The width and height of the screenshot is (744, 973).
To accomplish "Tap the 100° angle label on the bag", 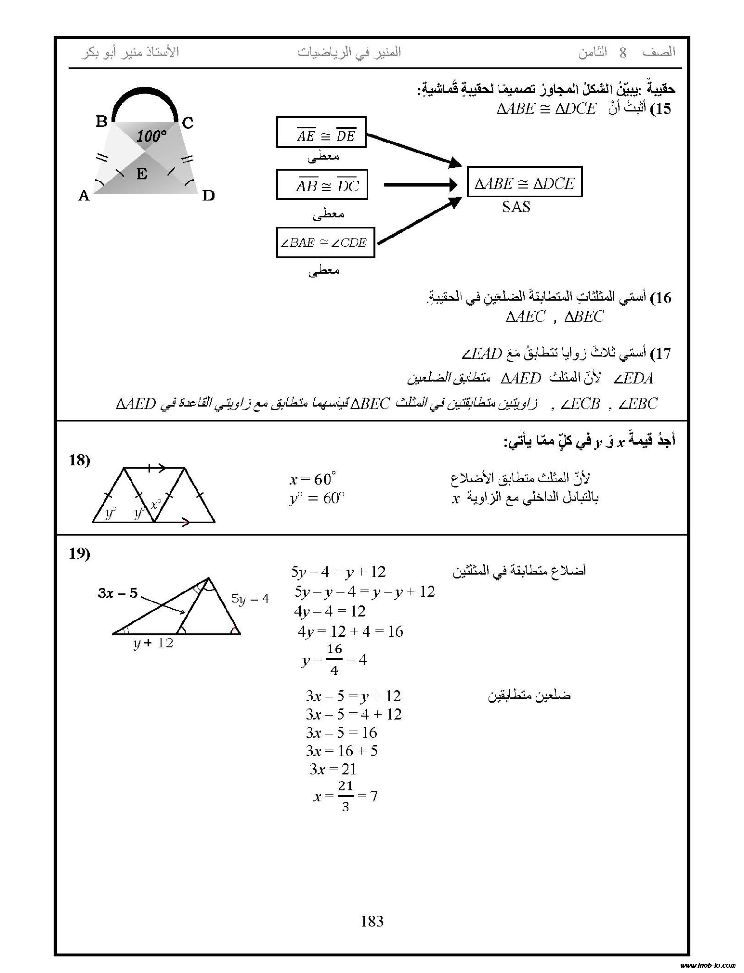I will click(x=151, y=137).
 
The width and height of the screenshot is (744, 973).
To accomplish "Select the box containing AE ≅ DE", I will click(x=321, y=132).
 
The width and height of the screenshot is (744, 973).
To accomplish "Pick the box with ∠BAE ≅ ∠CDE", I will click(x=325, y=242).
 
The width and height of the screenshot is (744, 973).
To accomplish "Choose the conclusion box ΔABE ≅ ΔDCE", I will click(x=524, y=181).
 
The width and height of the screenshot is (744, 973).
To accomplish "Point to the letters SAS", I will click(x=516, y=207).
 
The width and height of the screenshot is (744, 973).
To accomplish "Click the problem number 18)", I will click(x=79, y=460).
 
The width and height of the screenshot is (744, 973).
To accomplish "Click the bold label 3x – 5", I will click(x=118, y=592).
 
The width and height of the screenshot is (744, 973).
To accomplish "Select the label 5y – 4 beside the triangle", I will click(x=250, y=599).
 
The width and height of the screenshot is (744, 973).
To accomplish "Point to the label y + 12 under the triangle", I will click(x=153, y=643).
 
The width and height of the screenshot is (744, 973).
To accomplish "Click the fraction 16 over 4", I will click(x=334, y=659).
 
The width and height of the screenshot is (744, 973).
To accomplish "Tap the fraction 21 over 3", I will click(x=345, y=796).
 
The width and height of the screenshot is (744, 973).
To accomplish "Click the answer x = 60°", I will click(x=313, y=479).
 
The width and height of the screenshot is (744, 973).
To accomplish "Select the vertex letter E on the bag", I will click(x=141, y=174).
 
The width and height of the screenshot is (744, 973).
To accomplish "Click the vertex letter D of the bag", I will click(x=208, y=195).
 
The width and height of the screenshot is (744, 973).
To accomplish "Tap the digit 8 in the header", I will click(x=622, y=53).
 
